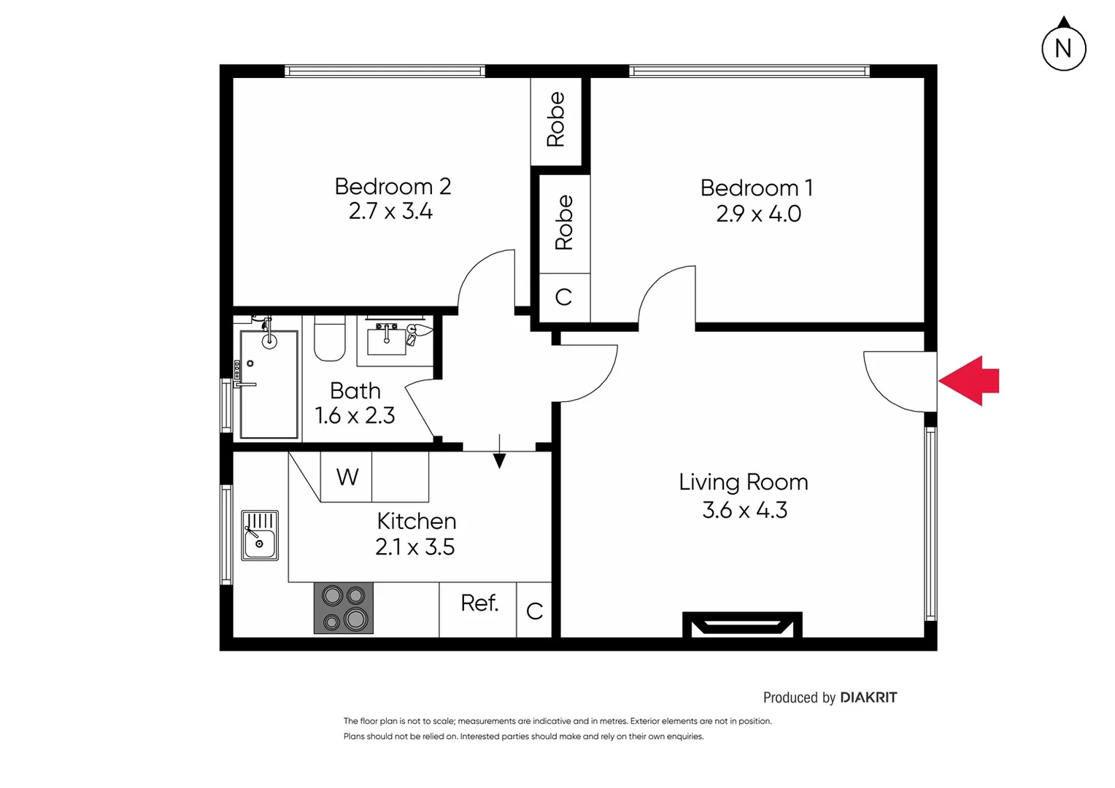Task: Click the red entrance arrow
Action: pyautogui.click(x=970, y=381)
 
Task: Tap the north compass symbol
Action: pyautogui.click(x=1063, y=48)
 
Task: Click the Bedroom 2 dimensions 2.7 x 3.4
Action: pyautogui.click(x=390, y=212)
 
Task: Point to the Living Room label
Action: pyautogui.click(x=743, y=482)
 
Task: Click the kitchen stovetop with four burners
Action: pyautogui.click(x=344, y=608)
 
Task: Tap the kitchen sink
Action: pyautogui.click(x=260, y=536)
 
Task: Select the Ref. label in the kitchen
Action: pyautogui.click(x=479, y=603)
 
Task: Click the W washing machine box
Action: pyautogui.click(x=347, y=477)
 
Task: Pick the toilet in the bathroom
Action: pyautogui.click(x=329, y=339)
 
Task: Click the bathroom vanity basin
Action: pyautogui.click(x=386, y=339)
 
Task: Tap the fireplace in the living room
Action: pyautogui.click(x=742, y=625)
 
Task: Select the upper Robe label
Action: pyautogui.click(x=556, y=120)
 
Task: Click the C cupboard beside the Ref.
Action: pyautogui.click(x=534, y=611)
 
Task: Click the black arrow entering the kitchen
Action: pyautogui.click(x=499, y=452)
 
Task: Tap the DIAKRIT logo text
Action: pyautogui.click(x=868, y=698)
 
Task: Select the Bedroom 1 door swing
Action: pyautogui.click(x=666, y=295)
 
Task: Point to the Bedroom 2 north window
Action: pyautogui.click(x=385, y=71)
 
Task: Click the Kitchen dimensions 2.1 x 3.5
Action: pyautogui.click(x=414, y=547)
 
